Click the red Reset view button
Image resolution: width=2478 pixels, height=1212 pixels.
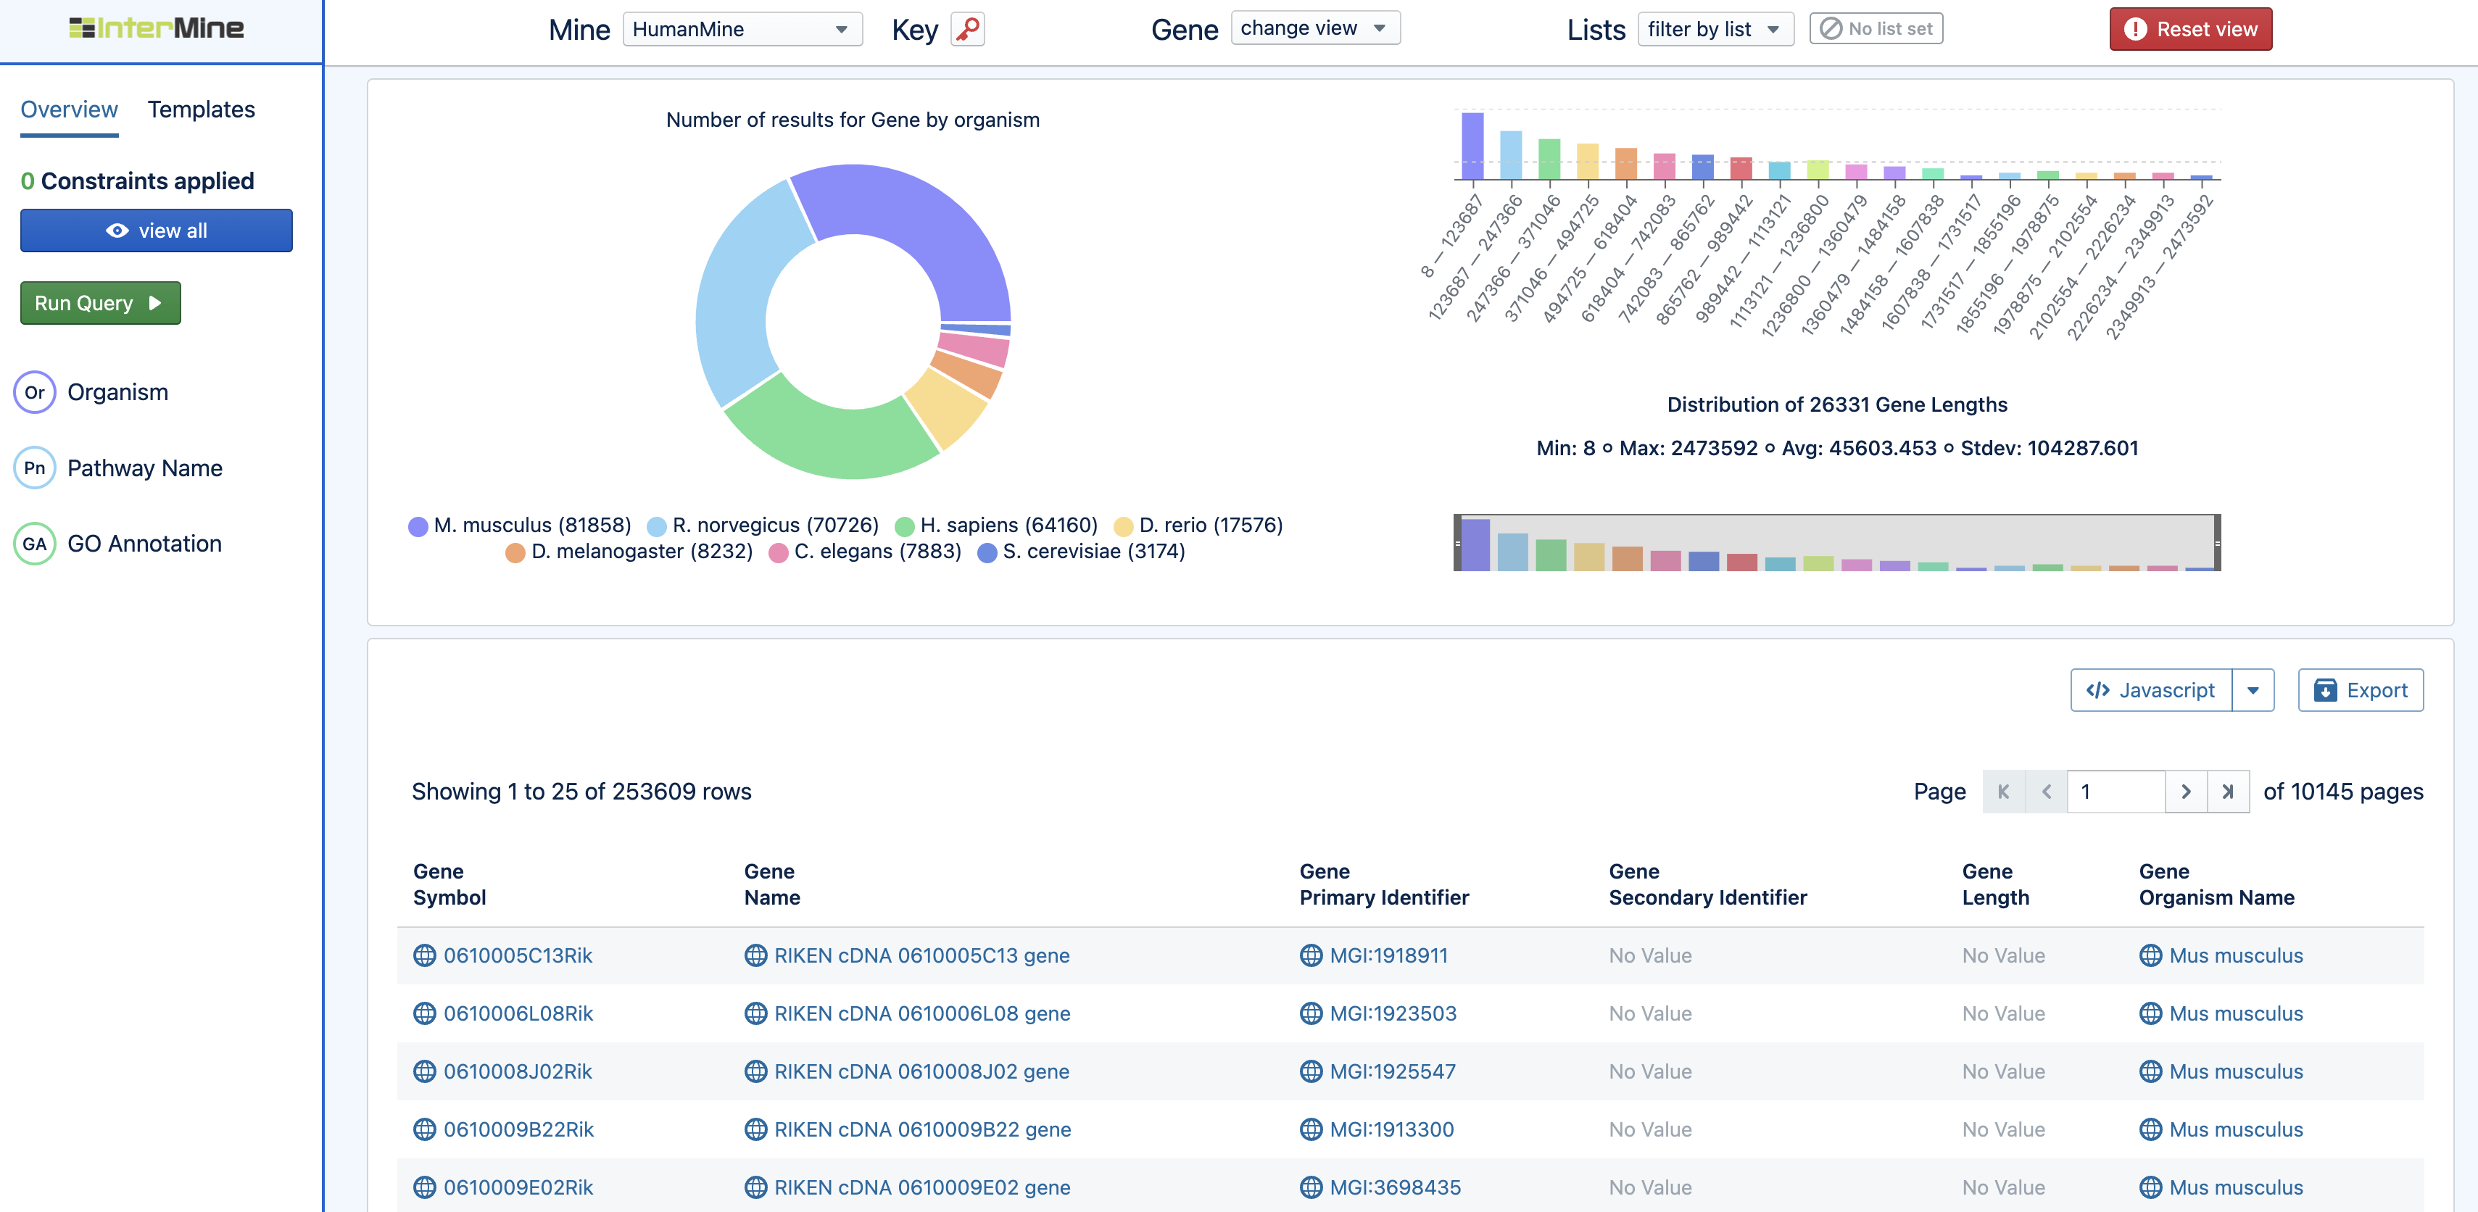[2190, 29]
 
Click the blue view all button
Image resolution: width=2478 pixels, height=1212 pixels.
[156, 231]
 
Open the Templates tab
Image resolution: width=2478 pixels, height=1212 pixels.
[201, 109]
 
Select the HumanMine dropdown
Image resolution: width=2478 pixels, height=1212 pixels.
[742, 29]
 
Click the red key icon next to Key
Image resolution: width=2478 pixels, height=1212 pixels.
[968, 29]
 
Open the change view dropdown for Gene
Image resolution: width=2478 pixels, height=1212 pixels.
[1314, 28]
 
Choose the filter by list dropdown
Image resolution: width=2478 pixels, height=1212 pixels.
[1714, 29]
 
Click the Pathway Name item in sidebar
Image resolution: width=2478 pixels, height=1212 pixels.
[144, 468]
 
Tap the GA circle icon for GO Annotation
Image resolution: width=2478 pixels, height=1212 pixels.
[35, 544]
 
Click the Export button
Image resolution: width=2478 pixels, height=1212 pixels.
[2360, 691]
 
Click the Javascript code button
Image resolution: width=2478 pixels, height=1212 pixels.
[2150, 691]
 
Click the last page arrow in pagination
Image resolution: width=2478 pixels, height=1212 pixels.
[2227, 792]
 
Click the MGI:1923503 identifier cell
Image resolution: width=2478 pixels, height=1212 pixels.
[1392, 1014]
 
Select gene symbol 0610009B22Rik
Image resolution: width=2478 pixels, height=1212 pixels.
[518, 1129]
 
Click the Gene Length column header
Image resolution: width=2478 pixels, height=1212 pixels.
[1995, 884]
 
